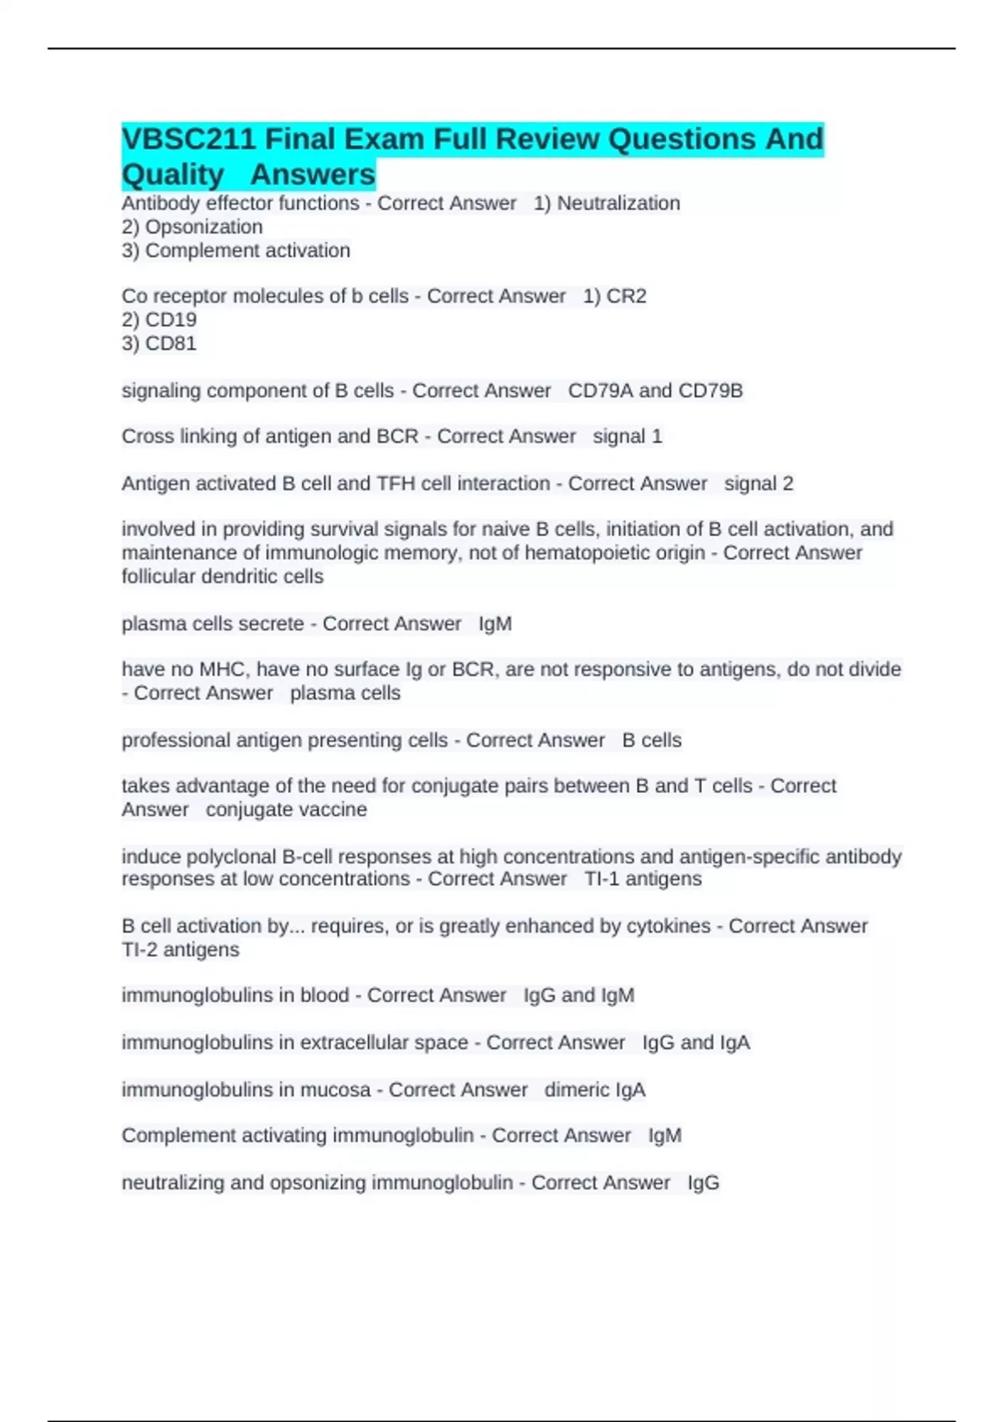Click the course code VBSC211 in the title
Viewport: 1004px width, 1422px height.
coord(187,139)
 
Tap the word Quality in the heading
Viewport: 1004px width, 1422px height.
coord(172,175)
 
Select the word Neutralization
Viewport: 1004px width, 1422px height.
coord(618,203)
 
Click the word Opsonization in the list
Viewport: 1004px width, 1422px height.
coord(203,227)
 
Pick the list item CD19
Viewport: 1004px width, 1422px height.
coord(171,320)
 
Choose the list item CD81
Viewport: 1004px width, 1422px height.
coord(171,343)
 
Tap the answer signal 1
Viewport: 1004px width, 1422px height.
coord(627,437)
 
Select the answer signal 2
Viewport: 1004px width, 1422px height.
coord(759,483)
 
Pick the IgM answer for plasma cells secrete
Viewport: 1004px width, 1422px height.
coord(495,624)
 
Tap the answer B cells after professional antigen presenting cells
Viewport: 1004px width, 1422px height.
coord(652,740)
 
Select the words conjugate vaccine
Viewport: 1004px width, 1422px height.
coord(286,810)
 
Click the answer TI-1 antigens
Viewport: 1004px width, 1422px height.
coord(643,879)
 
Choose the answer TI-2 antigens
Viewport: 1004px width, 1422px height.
coord(181,949)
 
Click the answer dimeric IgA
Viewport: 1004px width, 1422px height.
coord(595,1090)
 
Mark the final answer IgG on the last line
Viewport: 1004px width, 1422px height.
coord(703,1183)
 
